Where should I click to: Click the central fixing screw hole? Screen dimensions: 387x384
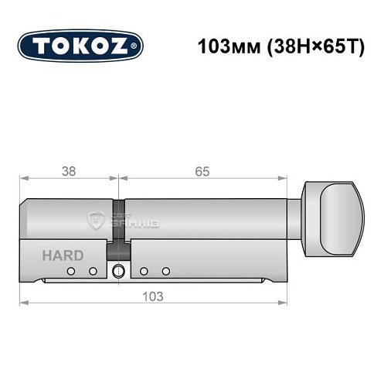[118, 271]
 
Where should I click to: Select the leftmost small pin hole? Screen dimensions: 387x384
[71, 271]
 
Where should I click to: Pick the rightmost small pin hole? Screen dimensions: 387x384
[166, 271]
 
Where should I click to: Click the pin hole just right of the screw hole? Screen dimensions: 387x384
[144, 271]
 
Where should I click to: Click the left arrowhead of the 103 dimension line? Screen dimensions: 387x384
[24, 302]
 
